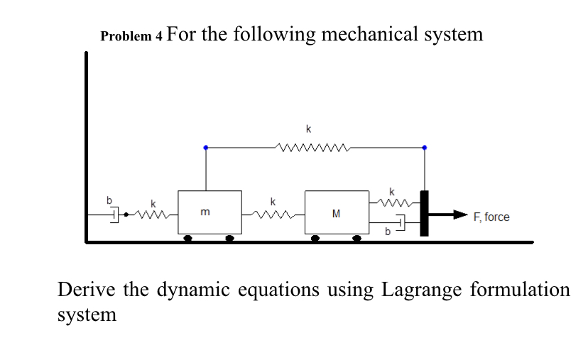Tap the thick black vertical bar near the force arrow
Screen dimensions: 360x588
(x=425, y=213)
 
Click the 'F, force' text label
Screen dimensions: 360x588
(x=491, y=217)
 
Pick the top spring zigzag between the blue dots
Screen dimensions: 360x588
(x=312, y=148)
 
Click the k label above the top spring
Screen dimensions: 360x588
(x=307, y=129)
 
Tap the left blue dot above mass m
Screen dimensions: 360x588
(x=206, y=148)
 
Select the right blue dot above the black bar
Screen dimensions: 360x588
(x=425, y=148)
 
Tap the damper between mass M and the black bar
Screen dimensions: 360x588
(x=399, y=224)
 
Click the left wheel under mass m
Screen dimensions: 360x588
(x=187, y=239)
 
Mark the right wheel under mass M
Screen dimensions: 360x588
(x=357, y=239)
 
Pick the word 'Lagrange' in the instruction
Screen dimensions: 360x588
(x=423, y=290)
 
